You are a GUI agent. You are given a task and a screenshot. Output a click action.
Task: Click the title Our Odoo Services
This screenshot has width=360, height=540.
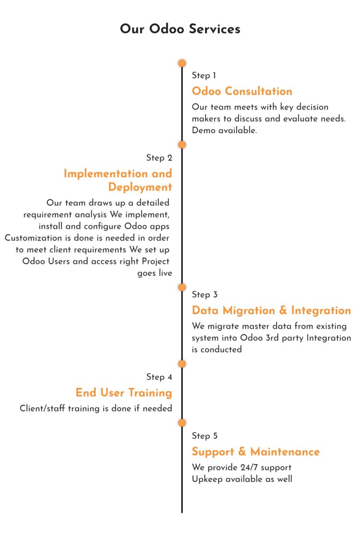click(180, 29)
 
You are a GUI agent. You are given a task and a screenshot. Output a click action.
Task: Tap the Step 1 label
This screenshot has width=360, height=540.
click(204, 76)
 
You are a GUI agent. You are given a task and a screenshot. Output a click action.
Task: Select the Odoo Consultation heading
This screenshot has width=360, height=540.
click(242, 91)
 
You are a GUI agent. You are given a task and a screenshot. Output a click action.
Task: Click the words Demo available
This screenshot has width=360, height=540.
click(224, 130)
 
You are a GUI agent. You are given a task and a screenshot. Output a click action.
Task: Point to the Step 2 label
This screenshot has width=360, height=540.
click(159, 157)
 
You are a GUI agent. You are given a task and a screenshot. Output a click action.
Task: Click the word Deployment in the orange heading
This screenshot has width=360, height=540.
click(140, 187)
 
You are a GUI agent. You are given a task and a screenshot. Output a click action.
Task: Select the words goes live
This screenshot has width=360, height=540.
click(154, 273)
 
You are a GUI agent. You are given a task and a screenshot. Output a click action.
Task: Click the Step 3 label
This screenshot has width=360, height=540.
click(204, 295)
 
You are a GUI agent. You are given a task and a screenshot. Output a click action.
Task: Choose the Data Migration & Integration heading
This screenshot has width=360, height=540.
click(271, 310)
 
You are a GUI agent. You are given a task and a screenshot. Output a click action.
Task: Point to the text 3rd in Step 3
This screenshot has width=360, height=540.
click(272, 338)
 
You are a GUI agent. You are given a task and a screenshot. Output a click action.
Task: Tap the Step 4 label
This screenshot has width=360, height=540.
click(159, 377)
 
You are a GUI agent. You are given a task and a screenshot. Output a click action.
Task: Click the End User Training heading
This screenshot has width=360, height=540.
click(124, 392)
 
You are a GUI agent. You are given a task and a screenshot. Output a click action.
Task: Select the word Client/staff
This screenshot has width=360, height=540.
click(42, 409)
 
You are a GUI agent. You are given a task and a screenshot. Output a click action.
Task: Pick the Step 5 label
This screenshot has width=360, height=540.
click(204, 436)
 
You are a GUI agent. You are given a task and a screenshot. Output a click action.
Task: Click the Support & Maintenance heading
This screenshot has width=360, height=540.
click(256, 452)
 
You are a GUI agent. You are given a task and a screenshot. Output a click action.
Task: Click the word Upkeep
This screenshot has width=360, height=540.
click(207, 479)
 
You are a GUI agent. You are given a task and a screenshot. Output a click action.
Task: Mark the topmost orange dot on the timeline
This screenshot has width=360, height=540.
click(182, 63)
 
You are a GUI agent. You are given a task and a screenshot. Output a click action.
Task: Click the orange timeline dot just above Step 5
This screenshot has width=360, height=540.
click(182, 423)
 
